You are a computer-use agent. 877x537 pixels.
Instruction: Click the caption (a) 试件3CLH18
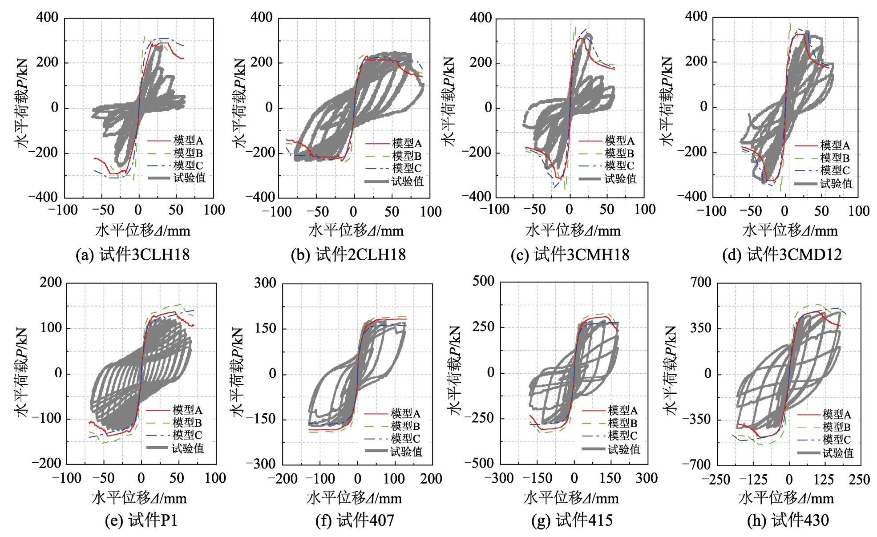pyautogui.click(x=133, y=254)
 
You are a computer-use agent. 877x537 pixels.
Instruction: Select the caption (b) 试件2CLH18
pyautogui.click(x=348, y=254)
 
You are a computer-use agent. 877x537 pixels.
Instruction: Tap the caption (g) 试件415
pyautogui.click(x=572, y=520)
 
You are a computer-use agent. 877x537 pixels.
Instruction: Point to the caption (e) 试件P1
pyautogui.click(x=141, y=520)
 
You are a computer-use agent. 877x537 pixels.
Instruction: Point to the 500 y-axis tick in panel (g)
pyautogui.click(x=484, y=281)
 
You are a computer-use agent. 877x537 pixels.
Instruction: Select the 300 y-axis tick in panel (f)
pyautogui.click(x=265, y=283)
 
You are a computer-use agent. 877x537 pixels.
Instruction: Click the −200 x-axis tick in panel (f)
pyautogui.click(x=283, y=479)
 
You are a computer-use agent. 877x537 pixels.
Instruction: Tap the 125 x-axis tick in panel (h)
pyautogui.click(x=824, y=480)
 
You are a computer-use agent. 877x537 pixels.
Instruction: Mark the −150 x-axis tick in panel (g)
pyautogui.click(x=537, y=478)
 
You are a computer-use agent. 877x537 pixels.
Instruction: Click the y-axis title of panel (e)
pyautogui.click(x=21, y=373)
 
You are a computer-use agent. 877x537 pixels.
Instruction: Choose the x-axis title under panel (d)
pyautogui.click(x=790, y=230)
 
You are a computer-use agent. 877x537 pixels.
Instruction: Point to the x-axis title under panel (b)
pyautogui.click(x=356, y=230)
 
